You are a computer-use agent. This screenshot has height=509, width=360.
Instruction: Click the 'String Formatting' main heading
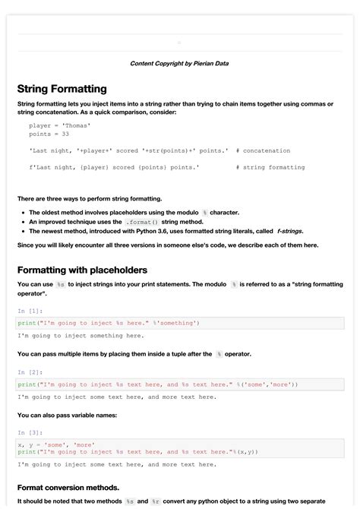62,89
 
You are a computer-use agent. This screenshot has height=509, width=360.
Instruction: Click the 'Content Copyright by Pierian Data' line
179,64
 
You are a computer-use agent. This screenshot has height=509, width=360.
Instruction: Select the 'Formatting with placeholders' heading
82,270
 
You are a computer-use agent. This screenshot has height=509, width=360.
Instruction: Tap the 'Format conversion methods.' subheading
68,487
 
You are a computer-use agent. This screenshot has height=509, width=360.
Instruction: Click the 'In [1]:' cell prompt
30,311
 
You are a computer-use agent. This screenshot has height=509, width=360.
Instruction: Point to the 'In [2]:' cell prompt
30,372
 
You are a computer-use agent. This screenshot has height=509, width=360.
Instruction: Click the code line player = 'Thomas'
60,125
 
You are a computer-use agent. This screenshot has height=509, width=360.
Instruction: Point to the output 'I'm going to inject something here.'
81,335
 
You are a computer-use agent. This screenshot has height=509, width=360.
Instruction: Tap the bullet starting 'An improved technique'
114,222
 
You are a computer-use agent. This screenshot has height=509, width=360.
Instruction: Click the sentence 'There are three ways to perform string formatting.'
90,198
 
